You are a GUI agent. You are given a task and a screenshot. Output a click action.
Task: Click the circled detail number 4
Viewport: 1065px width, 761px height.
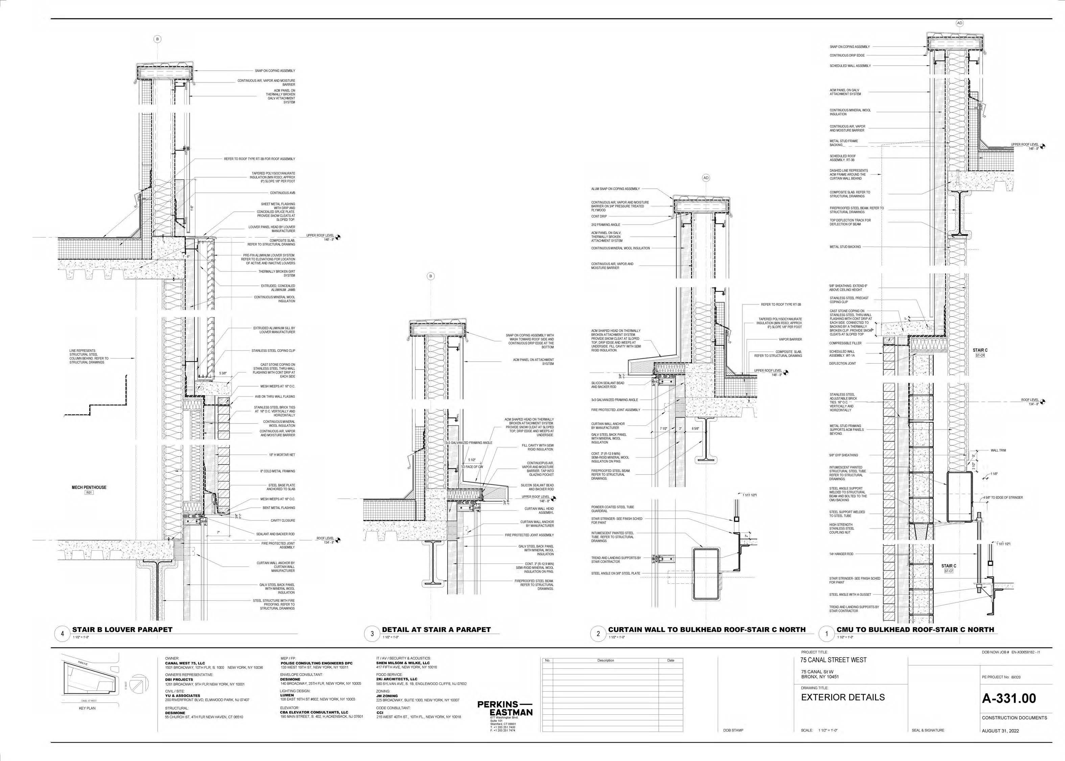point(62,635)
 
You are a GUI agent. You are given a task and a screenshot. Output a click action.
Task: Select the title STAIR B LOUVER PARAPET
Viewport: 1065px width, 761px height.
point(122,629)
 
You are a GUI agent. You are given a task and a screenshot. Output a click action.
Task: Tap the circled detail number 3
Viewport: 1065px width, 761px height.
point(372,635)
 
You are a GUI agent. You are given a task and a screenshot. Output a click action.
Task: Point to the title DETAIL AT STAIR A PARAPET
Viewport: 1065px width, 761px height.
point(436,629)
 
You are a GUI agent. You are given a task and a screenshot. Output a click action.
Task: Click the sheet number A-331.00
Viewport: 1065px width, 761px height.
point(1008,698)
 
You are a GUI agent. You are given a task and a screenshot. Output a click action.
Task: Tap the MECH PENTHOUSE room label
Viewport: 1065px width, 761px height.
point(89,487)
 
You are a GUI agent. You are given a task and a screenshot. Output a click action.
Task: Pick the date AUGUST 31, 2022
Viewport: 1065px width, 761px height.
point(1000,731)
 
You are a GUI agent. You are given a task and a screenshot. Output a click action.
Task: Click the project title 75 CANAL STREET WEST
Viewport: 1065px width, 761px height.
point(834,660)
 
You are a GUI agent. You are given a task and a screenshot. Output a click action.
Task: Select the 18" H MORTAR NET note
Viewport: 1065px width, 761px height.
point(282,455)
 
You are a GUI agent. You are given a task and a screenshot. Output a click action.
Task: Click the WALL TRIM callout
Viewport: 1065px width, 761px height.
point(998,450)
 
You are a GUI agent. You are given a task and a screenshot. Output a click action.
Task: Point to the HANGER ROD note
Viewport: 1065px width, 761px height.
point(841,554)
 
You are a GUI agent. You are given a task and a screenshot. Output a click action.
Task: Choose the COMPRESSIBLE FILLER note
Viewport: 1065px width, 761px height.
point(845,343)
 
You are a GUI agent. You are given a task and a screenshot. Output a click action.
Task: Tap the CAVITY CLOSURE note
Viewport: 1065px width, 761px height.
point(282,521)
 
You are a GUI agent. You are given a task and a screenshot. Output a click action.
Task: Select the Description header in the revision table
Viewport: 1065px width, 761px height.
point(606,660)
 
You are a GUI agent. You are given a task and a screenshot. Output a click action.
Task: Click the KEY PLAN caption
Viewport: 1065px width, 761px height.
point(87,708)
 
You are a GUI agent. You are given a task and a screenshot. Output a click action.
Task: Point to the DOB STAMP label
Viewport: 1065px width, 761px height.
point(733,731)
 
